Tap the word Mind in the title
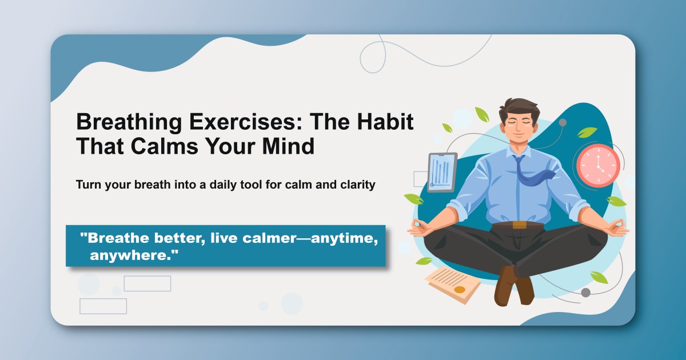coord(289,146)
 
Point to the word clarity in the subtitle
coord(355,185)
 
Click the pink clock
coord(598,166)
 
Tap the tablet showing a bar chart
coord(442,172)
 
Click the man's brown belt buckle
coord(519,224)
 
